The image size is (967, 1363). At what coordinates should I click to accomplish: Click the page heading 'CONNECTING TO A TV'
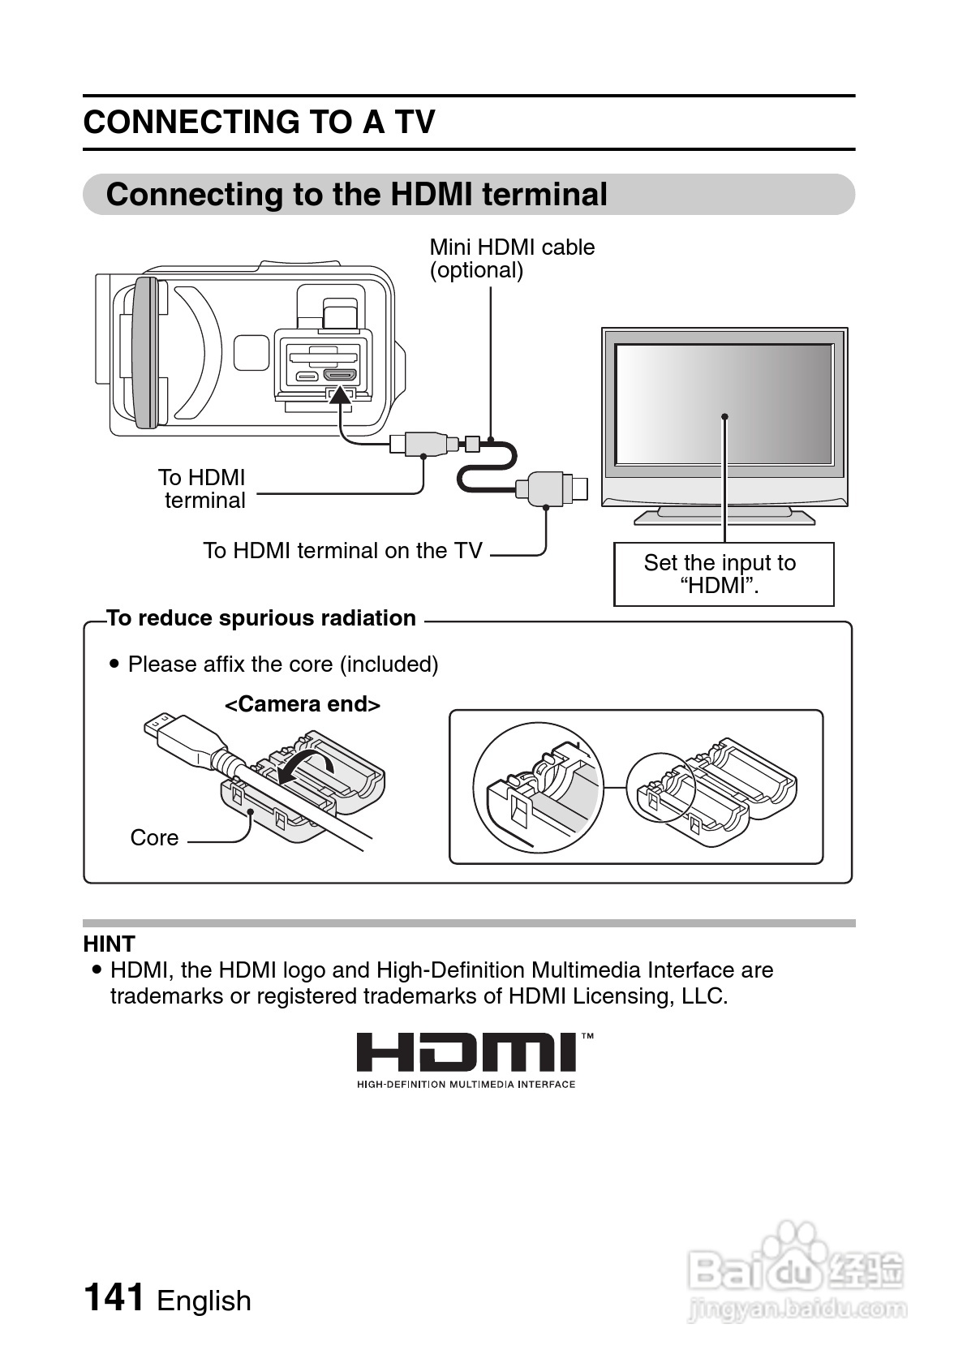pyautogui.click(x=260, y=123)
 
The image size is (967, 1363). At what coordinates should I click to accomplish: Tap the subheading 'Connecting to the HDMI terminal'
pyautogui.click(x=357, y=195)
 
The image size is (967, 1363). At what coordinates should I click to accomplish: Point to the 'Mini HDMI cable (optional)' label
pyautogui.click(x=511, y=258)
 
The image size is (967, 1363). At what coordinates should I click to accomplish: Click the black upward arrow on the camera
pyautogui.click(x=342, y=394)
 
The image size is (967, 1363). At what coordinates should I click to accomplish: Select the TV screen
pyautogui.click(x=724, y=403)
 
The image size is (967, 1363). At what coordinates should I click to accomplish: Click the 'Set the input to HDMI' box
pyautogui.click(x=723, y=574)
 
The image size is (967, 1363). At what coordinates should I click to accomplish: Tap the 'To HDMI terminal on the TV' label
pyautogui.click(x=342, y=550)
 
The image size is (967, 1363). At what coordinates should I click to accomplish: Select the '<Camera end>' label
pyautogui.click(x=302, y=703)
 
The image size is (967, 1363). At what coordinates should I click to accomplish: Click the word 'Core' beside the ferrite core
pyautogui.click(x=154, y=837)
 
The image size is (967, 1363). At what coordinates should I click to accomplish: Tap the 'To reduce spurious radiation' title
pyautogui.click(x=261, y=618)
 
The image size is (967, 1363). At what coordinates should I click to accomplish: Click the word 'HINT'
pyautogui.click(x=109, y=944)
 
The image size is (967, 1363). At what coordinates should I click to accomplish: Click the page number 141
pyautogui.click(x=114, y=1297)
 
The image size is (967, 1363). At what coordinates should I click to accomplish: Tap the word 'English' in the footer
pyautogui.click(x=204, y=1301)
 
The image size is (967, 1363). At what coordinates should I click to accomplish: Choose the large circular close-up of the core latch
pyautogui.click(x=539, y=787)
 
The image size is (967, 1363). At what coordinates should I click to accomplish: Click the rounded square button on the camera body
pyautogui.click(x=251, y=352)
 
